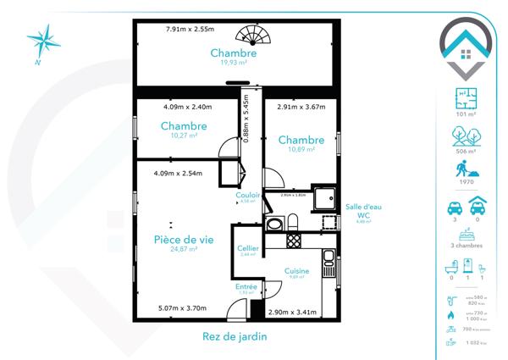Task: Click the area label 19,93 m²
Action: click(x=234, y=62)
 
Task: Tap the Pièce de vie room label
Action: click(x=183, y=240)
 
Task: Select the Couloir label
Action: click(x=248, y=196)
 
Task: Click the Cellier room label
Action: click(x=247, y=247)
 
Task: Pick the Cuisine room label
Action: click(x=297, y=270)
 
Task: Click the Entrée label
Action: click(x=246, y=286)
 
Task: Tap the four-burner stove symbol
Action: click(x=294, y=241)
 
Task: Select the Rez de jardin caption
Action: click(x=235, y=336)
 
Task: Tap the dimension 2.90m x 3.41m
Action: click(x=292, y=313)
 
